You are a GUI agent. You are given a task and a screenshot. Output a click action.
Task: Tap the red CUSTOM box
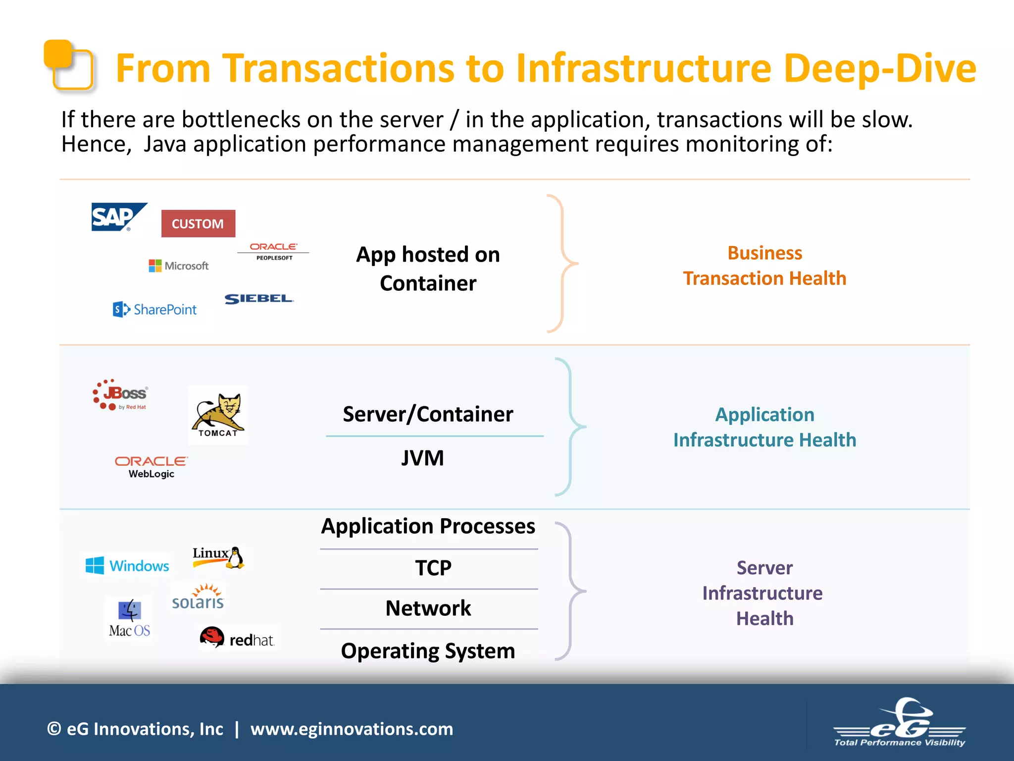[198, 224]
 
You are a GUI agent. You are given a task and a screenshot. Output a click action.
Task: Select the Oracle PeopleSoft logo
[273, 251]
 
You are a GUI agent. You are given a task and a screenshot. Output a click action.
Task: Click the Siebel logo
[258, 299]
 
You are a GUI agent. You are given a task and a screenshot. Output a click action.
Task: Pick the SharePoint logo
[155, 310]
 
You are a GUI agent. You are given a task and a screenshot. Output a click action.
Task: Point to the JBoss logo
[120, 395]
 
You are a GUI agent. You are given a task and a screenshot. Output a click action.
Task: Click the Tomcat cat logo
[218, 415]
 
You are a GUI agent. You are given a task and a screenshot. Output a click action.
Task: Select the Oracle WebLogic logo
[152, 467]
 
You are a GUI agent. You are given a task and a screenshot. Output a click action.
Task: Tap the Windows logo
[127, 565]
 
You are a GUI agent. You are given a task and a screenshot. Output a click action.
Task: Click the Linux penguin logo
[218, 557]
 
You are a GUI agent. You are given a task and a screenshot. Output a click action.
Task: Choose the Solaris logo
[198, 597]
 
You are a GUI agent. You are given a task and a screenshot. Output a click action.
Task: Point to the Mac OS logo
[130, 618]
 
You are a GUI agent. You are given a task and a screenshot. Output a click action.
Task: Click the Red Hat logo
[237, 638]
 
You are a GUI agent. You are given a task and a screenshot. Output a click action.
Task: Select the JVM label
[422, 458]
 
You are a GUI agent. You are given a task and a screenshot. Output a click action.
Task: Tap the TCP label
[433, 568]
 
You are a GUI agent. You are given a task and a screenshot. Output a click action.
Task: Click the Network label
[428, 608]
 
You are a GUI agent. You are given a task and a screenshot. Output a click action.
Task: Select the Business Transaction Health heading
[764, 266]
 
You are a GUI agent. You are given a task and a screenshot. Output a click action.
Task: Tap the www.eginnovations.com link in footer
[352, 729]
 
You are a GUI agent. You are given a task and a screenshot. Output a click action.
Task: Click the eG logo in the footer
[900, 723]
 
